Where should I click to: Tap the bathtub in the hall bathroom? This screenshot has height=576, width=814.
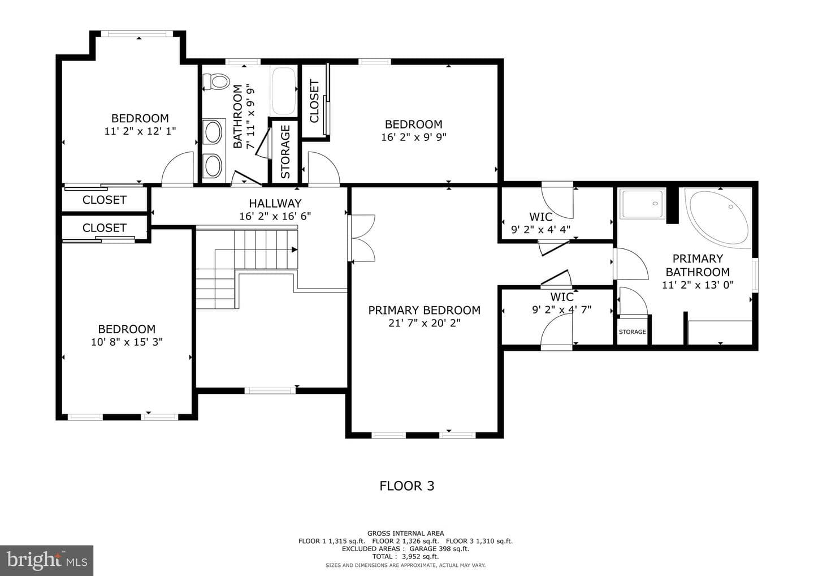tap(283, 91)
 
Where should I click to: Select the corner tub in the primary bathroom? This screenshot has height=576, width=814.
tap(718, 218)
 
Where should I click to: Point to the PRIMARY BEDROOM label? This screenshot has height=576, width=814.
tap(424, 310)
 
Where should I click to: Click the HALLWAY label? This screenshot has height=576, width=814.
tap(275, 203)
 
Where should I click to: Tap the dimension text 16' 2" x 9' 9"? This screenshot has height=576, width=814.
tap(414, 137)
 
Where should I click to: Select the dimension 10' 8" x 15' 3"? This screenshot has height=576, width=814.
tap(127, 342)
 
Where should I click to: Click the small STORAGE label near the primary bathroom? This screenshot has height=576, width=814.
tap(633, 332)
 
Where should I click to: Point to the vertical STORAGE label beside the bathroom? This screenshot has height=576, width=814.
tap(285, 152)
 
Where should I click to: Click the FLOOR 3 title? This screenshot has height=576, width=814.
tap(406, 486)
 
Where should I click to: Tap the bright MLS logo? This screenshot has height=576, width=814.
tap(46, 560)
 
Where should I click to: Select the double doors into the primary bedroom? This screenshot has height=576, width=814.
tap(361, 238)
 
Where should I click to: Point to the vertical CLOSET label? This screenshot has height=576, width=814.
tap(314, 101)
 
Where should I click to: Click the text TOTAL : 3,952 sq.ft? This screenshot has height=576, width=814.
tap(405, 556)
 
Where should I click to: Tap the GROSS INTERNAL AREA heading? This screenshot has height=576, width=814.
tap(405, 534)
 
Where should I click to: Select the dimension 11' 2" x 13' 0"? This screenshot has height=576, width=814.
tap(698, 285)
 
